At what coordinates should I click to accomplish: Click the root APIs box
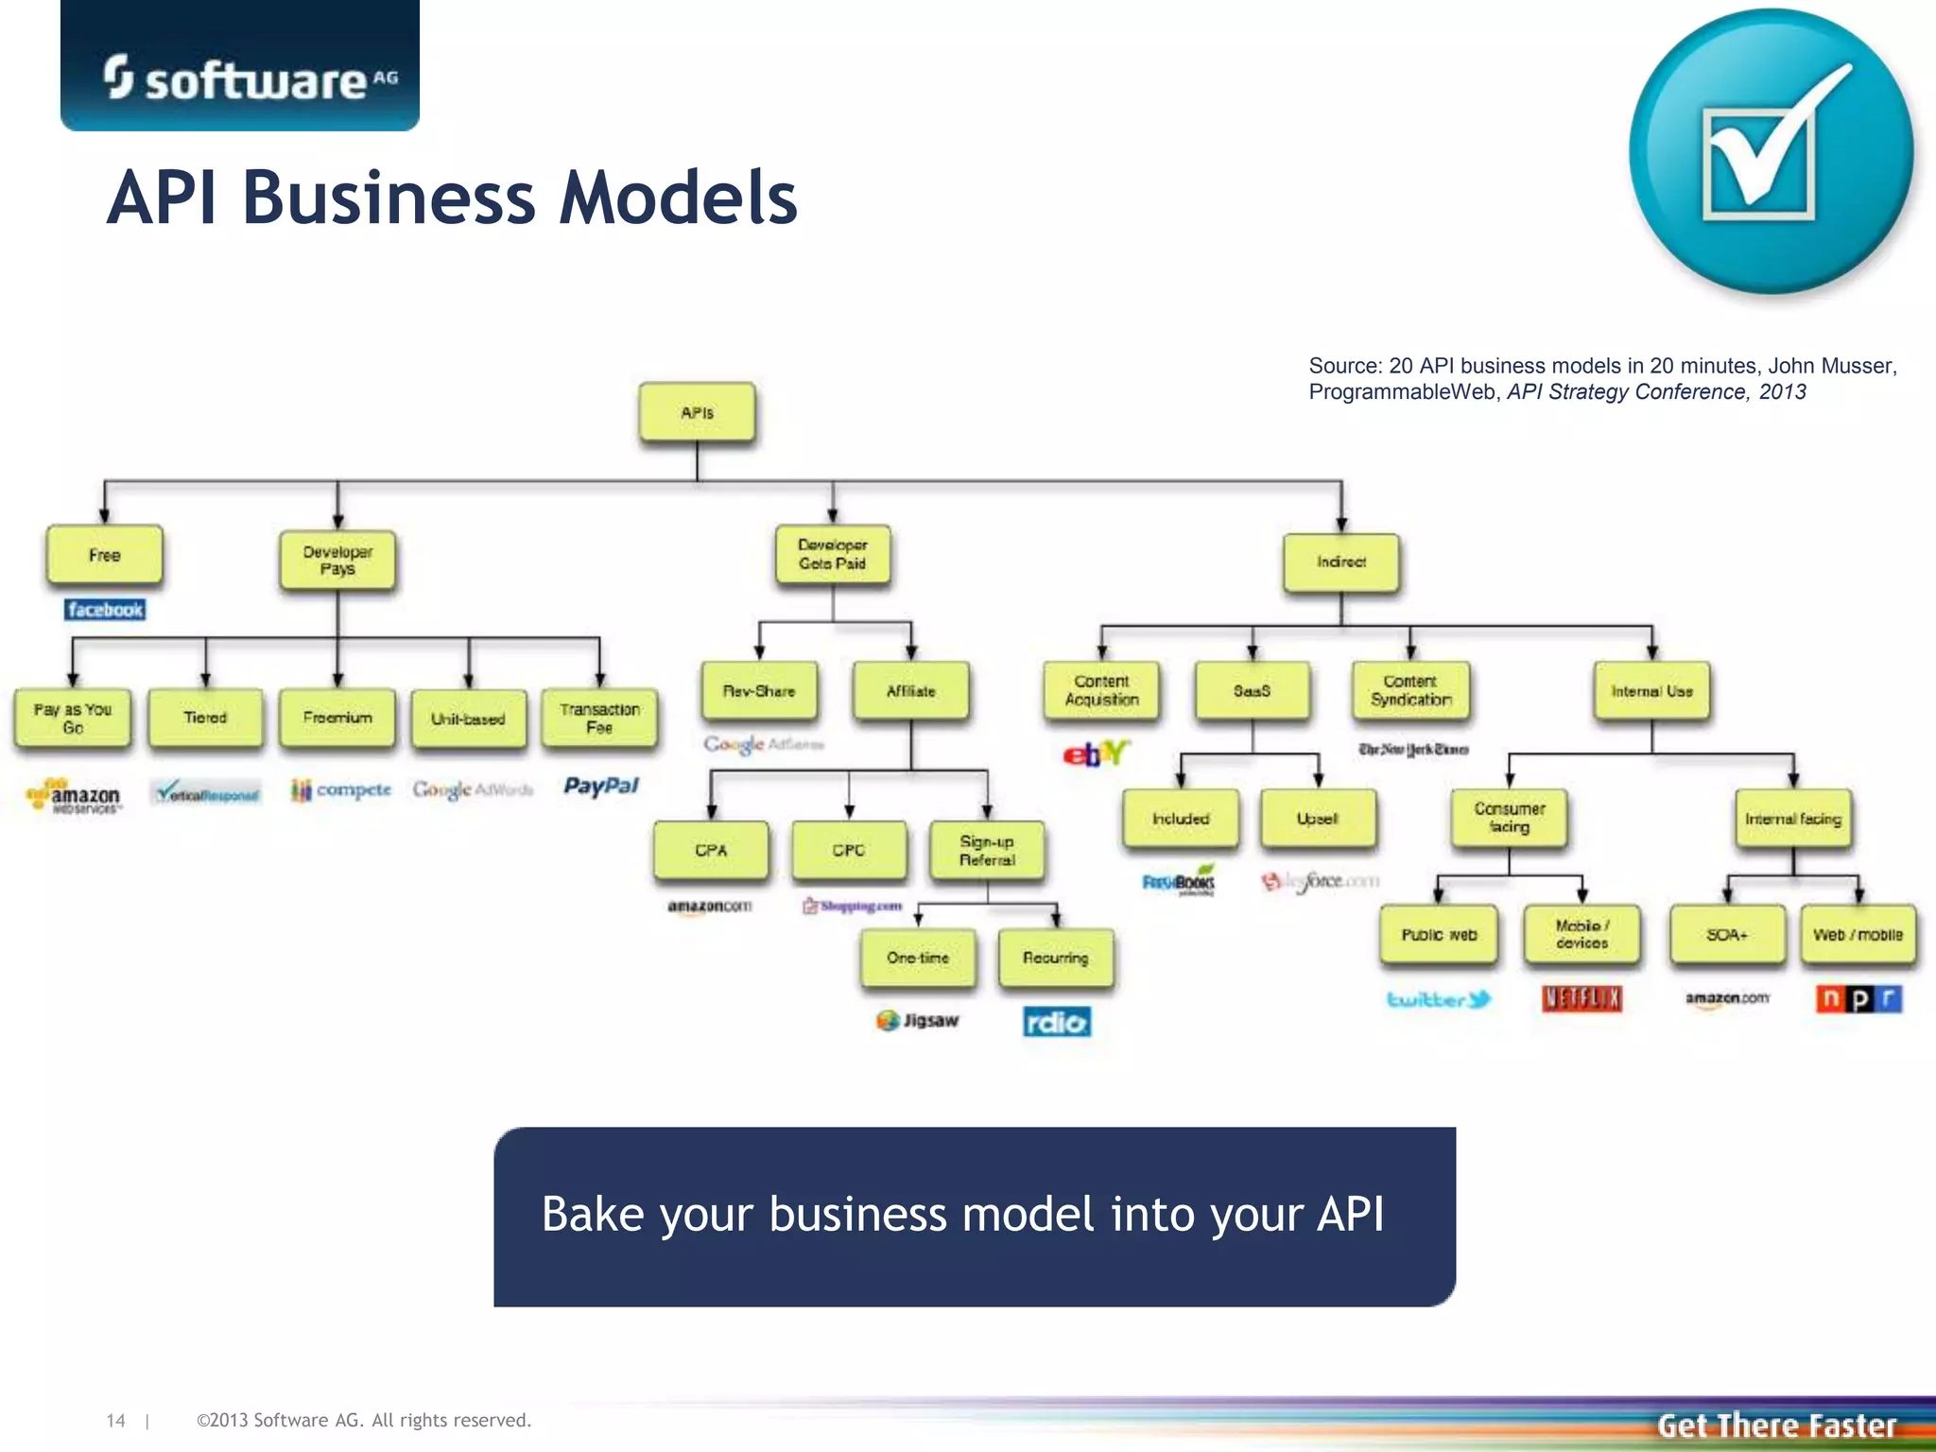697,412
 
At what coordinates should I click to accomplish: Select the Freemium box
337,717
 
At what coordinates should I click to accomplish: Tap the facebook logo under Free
105,610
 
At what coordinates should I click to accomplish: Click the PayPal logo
601,786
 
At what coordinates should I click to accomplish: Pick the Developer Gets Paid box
832,555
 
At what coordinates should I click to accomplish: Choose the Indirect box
1340,562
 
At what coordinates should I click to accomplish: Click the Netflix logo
1582,998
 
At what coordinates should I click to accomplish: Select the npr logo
1858,998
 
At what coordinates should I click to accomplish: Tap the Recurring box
1055,958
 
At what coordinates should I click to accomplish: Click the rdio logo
1056,1022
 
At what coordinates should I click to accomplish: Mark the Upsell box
1317,819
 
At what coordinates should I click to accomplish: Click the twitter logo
1438,999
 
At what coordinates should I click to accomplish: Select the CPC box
848,850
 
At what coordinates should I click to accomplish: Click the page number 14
115,1420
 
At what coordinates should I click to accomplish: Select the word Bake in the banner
593,1215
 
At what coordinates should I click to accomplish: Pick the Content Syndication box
1410,690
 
